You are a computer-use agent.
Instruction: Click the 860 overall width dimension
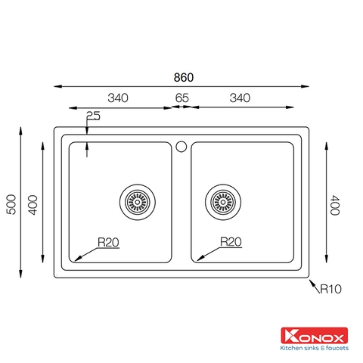point(183,77)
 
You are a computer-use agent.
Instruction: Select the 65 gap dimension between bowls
point(181,98)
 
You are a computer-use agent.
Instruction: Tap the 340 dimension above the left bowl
point(117,98)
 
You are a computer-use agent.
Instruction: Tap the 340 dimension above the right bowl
point(240,98)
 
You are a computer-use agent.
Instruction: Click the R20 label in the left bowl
point(108,242)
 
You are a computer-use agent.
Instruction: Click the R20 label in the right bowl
point(231,242)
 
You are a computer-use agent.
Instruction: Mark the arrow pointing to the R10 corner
point(313,283)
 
